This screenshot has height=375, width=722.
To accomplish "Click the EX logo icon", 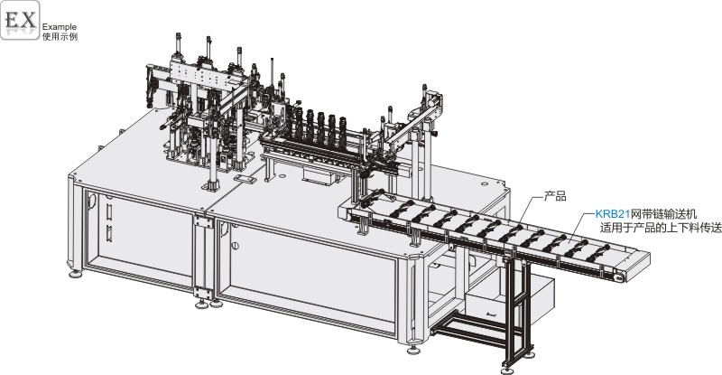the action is [20, 20].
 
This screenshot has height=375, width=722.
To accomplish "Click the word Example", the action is [60, 27].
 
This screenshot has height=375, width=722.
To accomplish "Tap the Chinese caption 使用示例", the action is [60, 36].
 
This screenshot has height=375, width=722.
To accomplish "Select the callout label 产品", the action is [555, 196].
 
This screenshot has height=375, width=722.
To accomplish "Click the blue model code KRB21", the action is [613, 214].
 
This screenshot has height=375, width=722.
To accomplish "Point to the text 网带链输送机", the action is [663, 214].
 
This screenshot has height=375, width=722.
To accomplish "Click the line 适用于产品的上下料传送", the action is [661, 228].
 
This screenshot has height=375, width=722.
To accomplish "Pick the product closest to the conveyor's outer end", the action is [598, 253].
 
